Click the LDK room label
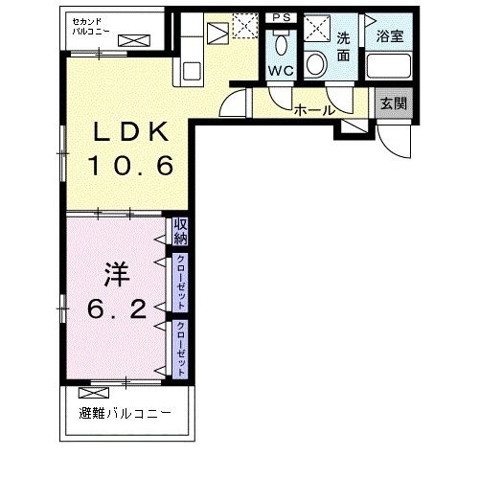[x=131, y=131]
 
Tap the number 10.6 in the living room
[x=131, y=166]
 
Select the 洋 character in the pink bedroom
[x=117, y=274]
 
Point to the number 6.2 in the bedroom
[x=117, y=309]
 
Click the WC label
[x=281, y=70]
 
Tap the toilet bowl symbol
[x=282, y=44]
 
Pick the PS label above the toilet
[x=282, y=17]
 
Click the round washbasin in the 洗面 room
[x=316, y=63]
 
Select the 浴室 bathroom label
[x=390, y=35]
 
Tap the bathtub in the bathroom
[x=389, y=66]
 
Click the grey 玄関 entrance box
[x=394, y=103]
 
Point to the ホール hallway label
[x=315, y=111]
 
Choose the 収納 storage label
[x=180, y=232]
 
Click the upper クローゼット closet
[x=180, y=283]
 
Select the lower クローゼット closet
[x=180, y=349]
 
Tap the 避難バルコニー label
[x=125, y=414]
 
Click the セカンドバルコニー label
[x=91, y=26]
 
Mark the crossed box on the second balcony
[x=134, y=41]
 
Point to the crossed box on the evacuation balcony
[x=94, y=393]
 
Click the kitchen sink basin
[x=192, y=71]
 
